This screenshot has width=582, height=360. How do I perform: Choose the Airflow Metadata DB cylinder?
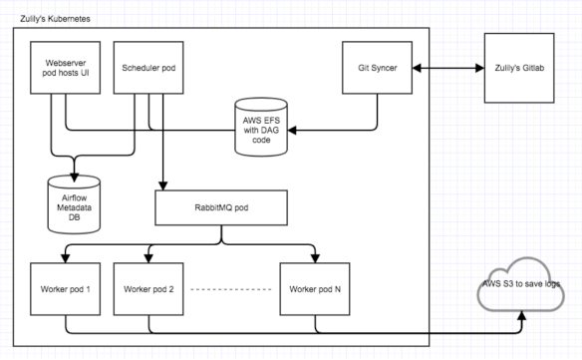click(x=75, y=199)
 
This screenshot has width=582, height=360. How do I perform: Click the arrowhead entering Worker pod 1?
click(x=66, y=258)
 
